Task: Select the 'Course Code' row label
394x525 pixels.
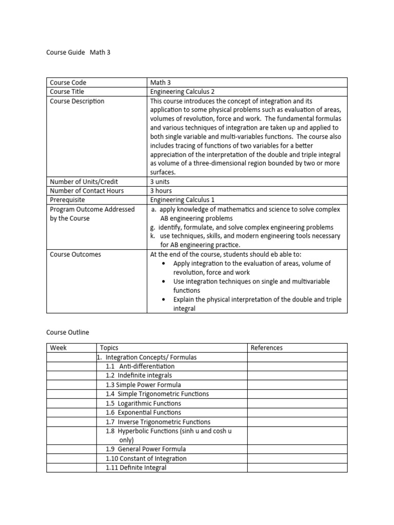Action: click(x=68, y=83)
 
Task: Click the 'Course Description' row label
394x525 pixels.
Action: click(x=77, y=101)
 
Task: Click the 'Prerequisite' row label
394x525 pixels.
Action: click(x=67, y=200)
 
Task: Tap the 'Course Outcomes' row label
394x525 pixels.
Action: click(x=75, y=254)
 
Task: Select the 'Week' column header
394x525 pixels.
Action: click(x=58, y=348)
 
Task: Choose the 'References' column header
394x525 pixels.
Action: click(x=266, y=348)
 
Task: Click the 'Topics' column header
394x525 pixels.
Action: click(x=109, y=348)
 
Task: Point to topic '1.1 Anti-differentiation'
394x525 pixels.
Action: click(x=140, y=366)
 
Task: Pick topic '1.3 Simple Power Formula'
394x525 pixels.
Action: click(x=143, y=385)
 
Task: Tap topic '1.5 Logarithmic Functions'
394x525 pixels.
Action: click(x=143, y=403)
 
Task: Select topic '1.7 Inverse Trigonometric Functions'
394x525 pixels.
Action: click(x=157, y=422)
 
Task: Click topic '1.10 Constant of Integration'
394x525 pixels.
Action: click(x=146, y=458)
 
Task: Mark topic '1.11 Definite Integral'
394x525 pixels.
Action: click(x=136, y=468)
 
